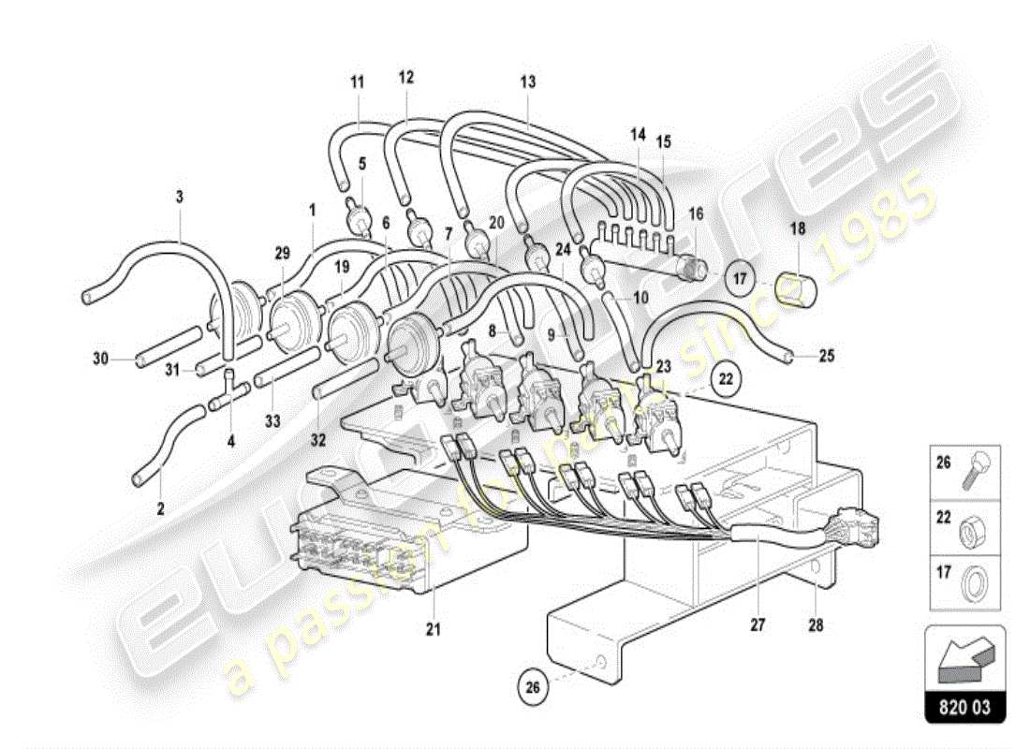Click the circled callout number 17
[x=740, y=277]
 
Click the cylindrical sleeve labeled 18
[x=804, y=290]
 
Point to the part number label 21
[x=432, y=628]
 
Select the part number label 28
[x=816, y=624]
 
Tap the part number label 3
[x=180, y=197]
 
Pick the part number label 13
[x=528, y=82]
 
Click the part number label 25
[x=826, y=356]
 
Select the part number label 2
[x=160, y=509]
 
